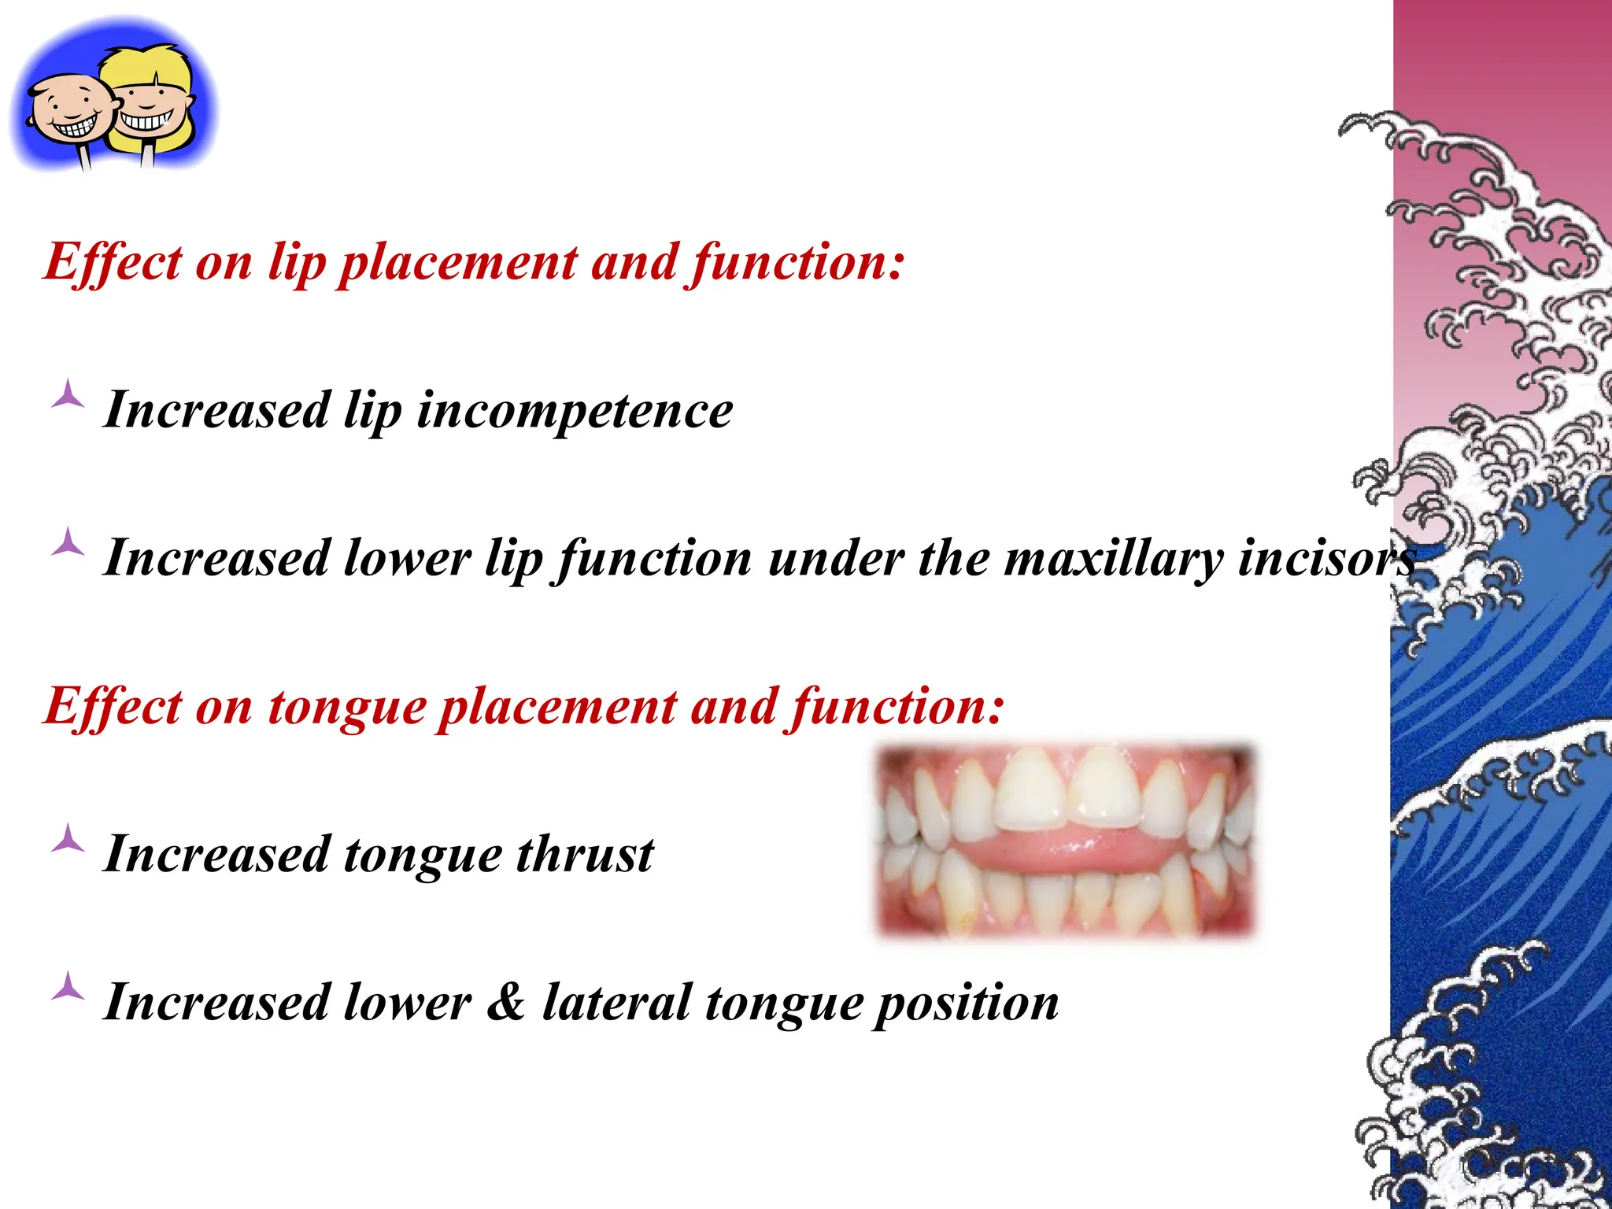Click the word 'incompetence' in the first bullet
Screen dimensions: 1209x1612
pos(575,411)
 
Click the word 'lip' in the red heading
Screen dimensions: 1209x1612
pos(297,263)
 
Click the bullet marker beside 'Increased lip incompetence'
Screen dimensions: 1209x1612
pos(68,394)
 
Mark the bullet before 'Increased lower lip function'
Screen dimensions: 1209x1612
pos(68,542)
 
